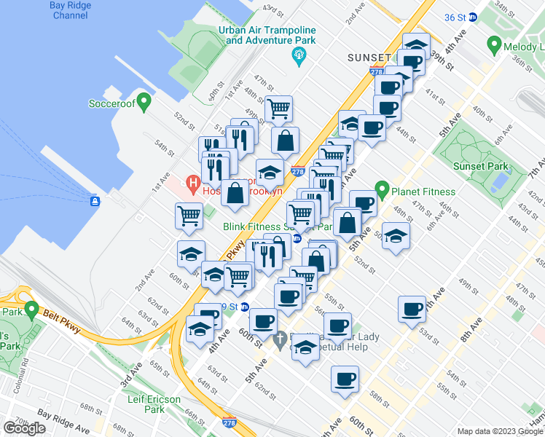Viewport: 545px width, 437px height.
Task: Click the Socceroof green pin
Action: tap(144, 101)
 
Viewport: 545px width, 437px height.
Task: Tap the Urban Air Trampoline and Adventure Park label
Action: tap(270, 36)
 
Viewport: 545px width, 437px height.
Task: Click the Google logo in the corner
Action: tap(24, 428)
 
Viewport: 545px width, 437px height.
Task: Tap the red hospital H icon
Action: tap(193, 185)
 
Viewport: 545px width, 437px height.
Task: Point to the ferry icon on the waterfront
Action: tap(94, 200)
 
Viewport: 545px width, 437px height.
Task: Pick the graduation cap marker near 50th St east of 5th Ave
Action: tap(396, 236)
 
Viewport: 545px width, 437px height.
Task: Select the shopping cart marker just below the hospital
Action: tap(189, 216)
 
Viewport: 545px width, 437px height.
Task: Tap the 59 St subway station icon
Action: tap(246, 307)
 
